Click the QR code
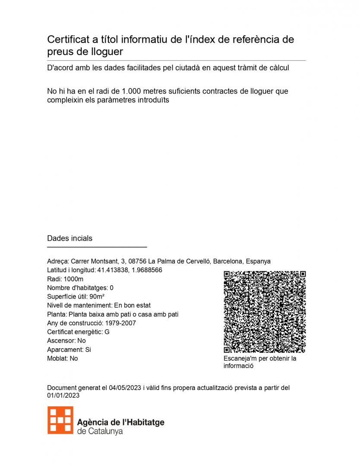[x=265, y=312]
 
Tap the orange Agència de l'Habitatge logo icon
[x=60, y=420]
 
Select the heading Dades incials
[x=69, y=238]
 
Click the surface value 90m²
[x=97, y=296]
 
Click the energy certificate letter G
[x=107, y=332]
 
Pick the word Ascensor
[x=60, y=341]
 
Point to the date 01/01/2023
[x=63, y=395]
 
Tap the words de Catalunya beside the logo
[x=100, y=431]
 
